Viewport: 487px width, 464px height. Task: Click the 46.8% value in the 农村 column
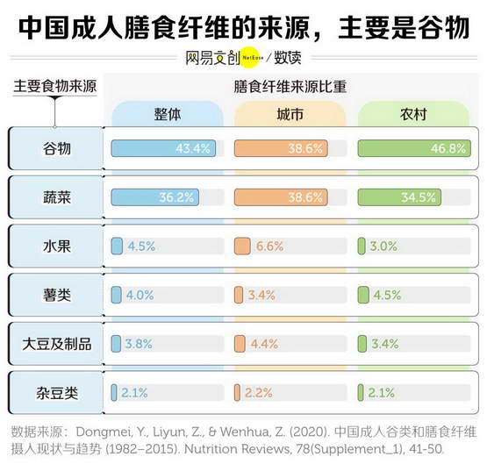coord(448,148)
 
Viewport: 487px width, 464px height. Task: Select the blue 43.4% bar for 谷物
coord(163,148)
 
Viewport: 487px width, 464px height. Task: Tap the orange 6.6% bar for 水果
coord(242,246)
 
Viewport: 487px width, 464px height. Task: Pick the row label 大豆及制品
coord(57,344)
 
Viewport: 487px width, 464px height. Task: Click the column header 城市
coord(290,115)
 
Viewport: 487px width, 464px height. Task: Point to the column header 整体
coord(168,115)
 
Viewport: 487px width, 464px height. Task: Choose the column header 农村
coord(413,115)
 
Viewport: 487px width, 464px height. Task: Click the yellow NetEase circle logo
coord(252,57)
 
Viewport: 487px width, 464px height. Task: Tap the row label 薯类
coord(57,295)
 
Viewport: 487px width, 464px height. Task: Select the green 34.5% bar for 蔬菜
coord(399,197)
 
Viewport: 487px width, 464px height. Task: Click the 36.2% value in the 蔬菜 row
coord(176,197)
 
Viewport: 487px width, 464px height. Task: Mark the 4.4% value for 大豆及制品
coord(264,344)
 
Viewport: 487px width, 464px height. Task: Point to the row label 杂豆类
coord(57,393)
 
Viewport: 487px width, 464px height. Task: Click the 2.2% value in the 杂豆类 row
coord(258,393)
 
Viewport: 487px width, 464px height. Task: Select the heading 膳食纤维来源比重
coord(290,87)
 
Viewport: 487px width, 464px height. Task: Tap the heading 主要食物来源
coord(55,86)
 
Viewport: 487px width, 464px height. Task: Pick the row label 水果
coord(57,246)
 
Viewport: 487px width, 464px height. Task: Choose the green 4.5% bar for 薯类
coord(363,295)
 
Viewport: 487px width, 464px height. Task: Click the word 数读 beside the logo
coord(287,58)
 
